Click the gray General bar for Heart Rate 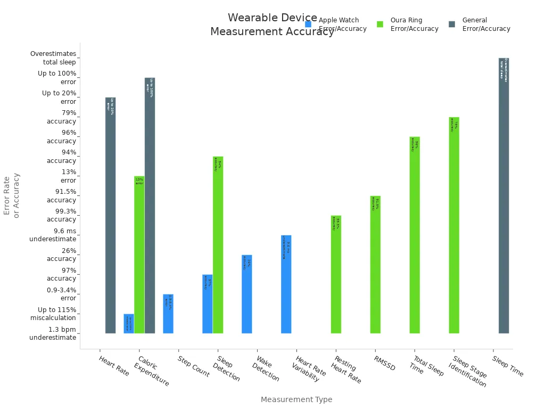click(110, 215)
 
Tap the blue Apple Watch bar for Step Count click(168, 314)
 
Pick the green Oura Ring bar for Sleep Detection click(218, 245)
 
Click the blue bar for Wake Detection click(246, 294)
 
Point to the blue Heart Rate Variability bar click(286, 284)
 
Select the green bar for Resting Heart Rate click(336, 274)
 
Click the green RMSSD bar click(375, 265)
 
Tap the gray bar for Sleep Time click(503, 195)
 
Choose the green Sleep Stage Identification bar click(454, 225)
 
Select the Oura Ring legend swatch click(380, 24)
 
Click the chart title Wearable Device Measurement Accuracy click(272, 25)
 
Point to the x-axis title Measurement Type click(296, 399)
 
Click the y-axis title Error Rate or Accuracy click(11, 195)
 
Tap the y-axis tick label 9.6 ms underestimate click(53, 235)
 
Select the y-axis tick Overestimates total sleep click(53, 58)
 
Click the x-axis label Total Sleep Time click(426, 366)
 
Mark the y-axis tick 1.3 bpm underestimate click(53, 333)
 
